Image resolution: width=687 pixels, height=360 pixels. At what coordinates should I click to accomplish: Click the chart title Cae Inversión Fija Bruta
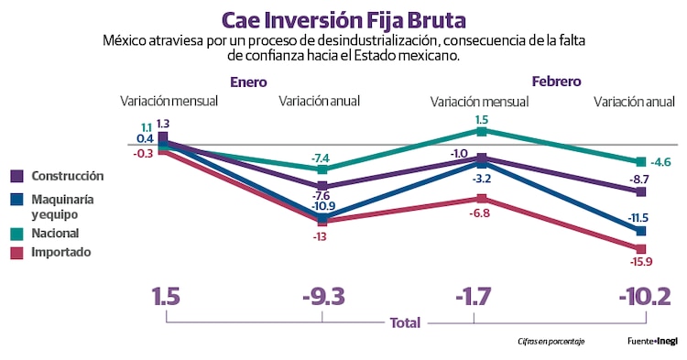[343, 19]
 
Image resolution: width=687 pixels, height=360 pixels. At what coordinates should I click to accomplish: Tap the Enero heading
[248, 82]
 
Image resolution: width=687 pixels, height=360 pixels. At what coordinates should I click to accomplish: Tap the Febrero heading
[555, 82]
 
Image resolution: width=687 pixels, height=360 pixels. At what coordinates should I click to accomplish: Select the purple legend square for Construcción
[17, 177]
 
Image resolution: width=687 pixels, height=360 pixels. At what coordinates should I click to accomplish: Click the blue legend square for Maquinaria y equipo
[17, 199]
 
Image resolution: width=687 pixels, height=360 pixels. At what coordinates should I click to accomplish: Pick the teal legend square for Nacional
[17, 234]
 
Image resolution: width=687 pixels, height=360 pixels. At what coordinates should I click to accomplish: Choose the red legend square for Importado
[17, 252]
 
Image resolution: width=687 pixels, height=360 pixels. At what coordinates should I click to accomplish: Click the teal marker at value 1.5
[481, 131]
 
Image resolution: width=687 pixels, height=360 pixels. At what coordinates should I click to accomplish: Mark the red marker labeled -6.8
[481, 198]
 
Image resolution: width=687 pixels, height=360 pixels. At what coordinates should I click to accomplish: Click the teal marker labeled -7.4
[322, 169]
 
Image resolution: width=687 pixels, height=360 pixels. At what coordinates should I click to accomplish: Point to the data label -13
[321, 236]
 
